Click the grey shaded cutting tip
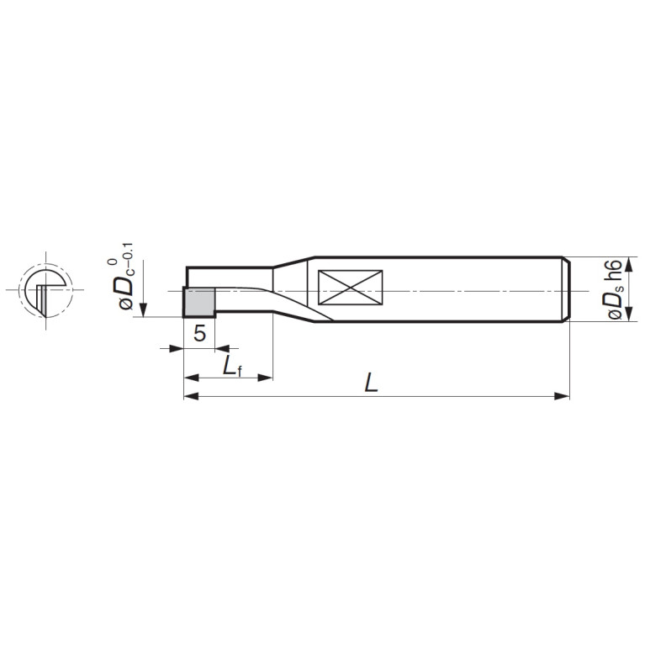(199, 303)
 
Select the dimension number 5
(199, 333)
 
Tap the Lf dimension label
(232, 366)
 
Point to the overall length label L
(371, 383)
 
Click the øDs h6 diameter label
(615, 289)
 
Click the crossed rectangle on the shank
(351, 288)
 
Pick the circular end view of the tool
(45, 290)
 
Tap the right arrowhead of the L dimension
(563, 396)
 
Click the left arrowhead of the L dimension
(191, 396)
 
